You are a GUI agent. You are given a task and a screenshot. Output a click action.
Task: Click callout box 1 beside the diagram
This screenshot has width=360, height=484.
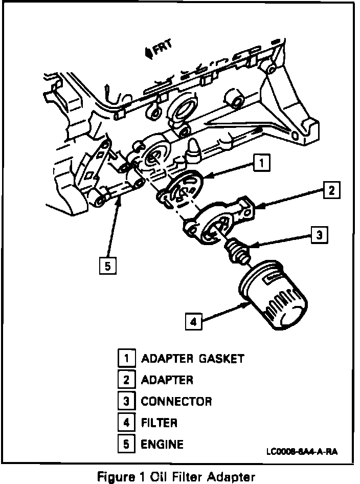[261, 162]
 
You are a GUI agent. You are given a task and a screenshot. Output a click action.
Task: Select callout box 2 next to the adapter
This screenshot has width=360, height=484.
[332, 190]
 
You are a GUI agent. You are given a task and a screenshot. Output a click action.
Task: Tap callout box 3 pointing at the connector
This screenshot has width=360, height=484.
[319, 235]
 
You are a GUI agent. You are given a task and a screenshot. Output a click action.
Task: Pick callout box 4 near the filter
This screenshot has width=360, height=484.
[194, 322]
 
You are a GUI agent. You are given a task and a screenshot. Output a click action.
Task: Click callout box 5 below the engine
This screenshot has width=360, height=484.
[108, 266]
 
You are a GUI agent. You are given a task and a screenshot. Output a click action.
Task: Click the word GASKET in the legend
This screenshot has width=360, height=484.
[221, 359]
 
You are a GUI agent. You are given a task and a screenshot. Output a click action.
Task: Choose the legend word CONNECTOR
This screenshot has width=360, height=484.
[176, 401]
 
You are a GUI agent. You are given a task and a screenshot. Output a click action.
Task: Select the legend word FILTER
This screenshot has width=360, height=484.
[159, 423]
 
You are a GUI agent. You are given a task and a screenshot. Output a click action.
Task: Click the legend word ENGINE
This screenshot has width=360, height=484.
[162, 444]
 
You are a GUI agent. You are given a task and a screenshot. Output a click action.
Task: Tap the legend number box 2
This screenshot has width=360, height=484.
[126, 380]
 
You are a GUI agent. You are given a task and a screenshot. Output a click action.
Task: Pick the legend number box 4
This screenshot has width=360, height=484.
[126, 422]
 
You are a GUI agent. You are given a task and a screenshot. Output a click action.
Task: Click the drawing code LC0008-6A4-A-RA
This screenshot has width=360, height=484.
[302, 452]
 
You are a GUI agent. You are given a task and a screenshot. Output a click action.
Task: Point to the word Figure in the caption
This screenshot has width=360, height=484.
[116, 477]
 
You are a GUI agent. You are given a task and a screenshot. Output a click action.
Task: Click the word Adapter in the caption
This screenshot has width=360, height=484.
[231, 477]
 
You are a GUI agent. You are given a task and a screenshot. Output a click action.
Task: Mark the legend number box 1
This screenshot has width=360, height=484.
[126, 358]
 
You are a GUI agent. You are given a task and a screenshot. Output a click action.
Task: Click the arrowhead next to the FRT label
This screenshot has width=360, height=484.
[149, 53]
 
